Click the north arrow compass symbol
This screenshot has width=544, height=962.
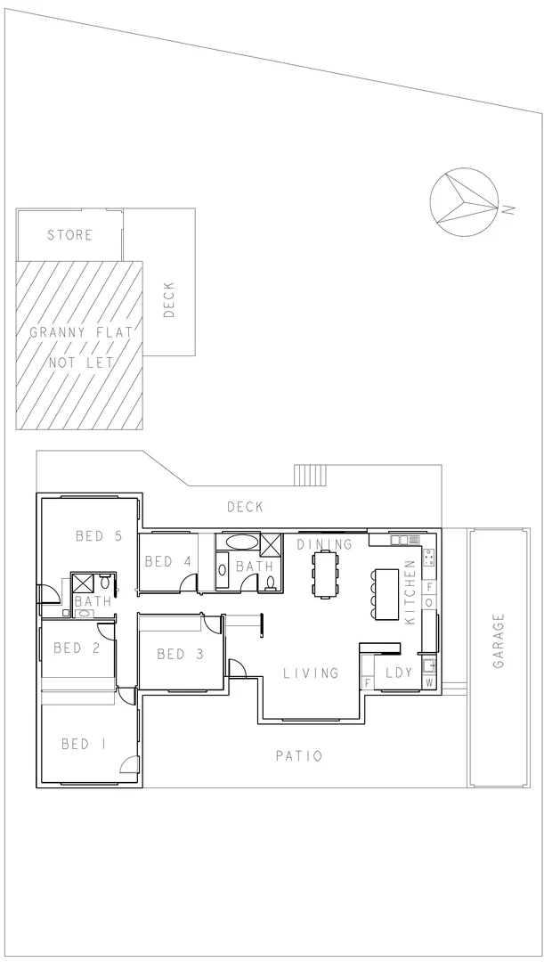coord(464,202)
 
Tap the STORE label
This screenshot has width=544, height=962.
coord(69,235)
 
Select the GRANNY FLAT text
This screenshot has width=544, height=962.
coord(81,333)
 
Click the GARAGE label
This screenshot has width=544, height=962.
coord(499,640)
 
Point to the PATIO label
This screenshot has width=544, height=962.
coord(298,756)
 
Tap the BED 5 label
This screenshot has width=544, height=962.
coord(98,535)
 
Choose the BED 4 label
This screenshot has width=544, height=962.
coord(168,561)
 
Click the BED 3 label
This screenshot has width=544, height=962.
coord(180,655)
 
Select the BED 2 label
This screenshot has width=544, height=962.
coord(76,648)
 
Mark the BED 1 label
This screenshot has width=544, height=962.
coord(82,744)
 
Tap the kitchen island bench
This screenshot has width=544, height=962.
coord(388,594)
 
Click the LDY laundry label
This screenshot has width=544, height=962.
coord(398,673)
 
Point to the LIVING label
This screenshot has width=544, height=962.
coord(311,673)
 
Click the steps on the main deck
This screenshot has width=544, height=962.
coord(313,476)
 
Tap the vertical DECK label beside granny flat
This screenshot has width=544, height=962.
coord(169,300)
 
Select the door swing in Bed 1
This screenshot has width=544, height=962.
coord(130,764)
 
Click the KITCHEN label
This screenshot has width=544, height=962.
coord(410,592)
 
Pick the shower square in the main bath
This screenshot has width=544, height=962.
coord(271,544)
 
